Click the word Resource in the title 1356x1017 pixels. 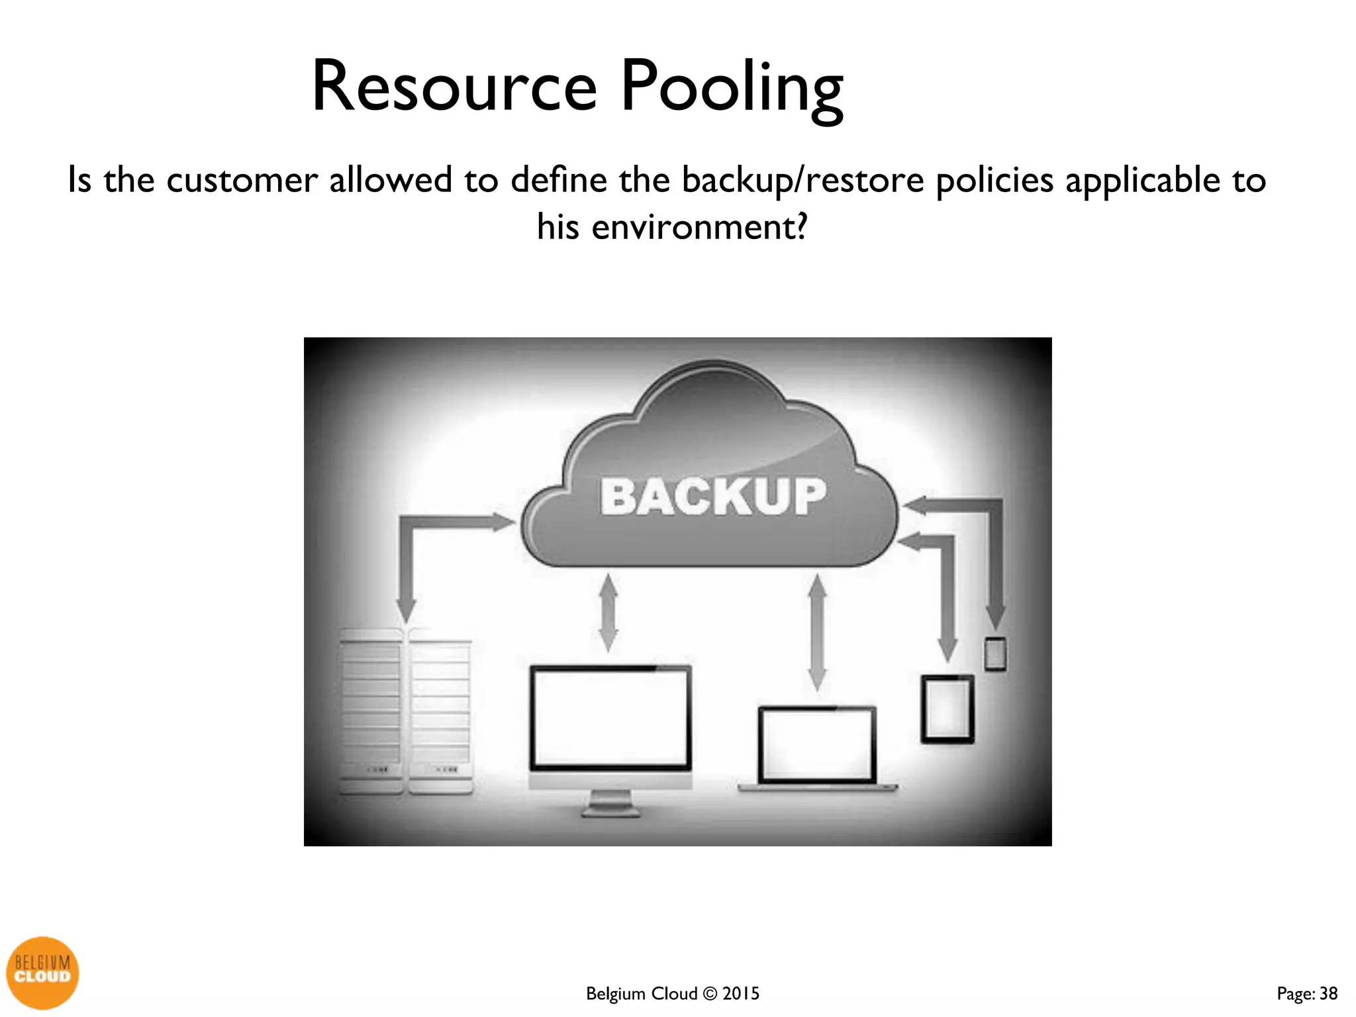coord(454,87)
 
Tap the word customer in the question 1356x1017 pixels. coord(242,180)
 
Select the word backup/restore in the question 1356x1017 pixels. coord(802,180)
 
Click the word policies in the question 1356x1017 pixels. coord(994,180)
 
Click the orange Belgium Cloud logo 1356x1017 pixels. coord(42,972)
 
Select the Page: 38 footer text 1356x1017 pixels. coord(1307,993)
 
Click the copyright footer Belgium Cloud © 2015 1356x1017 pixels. coord(672,993)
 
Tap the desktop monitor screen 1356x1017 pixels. coord(610,717)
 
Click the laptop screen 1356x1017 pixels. coord(816,744)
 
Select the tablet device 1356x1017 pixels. coord(947,709)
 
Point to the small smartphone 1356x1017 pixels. coord(995,654)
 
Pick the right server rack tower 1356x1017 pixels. coord(440,715)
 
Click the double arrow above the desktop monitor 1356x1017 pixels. coord(608,613)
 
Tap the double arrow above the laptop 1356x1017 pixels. coord(818,632)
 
